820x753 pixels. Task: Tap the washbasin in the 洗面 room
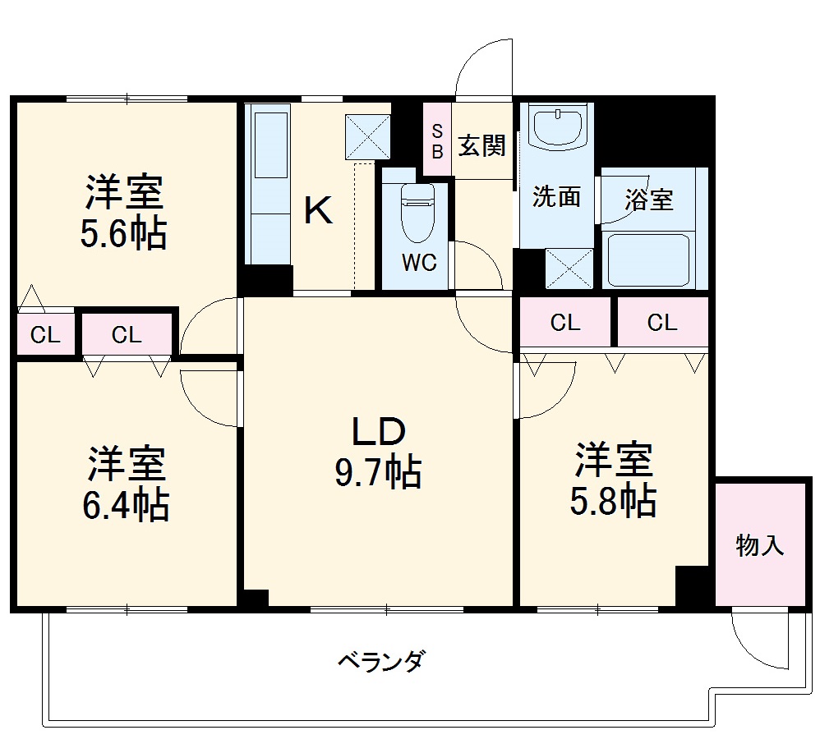coord(558,127)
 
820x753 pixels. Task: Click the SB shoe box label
coord(437,140)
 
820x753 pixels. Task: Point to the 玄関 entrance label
coord(481,147)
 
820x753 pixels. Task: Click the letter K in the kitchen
coord(318,211)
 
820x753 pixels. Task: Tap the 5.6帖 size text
coord(123,235)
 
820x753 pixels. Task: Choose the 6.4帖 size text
coord(125,505)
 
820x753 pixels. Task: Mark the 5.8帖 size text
coord(613,500)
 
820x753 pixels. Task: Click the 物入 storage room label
coord(760,545)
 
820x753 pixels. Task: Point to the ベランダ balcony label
coord(381,660)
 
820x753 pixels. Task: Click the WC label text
coord(418,264)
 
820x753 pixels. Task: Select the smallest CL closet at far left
coord(44,334)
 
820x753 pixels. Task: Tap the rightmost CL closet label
coord(661,323)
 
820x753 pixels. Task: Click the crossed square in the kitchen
coord(368,135)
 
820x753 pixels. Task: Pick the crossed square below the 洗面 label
coord(569,267)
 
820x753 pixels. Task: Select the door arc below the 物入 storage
coord(760,641)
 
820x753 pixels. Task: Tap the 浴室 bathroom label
coord(649,200)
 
